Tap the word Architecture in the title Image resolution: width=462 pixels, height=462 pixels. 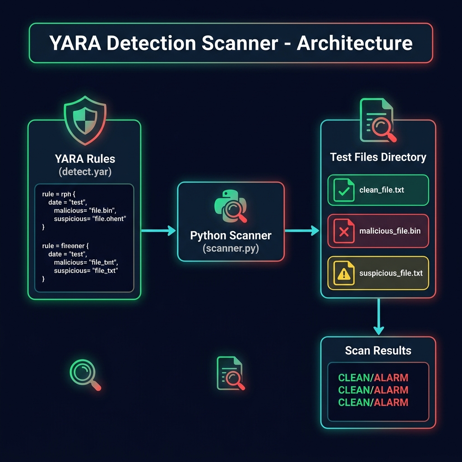(355, 43)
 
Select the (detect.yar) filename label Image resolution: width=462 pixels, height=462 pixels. (85, 171)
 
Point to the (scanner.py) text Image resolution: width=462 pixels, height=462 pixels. (231, 249)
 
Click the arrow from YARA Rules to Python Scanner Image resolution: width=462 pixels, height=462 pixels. (158, 231)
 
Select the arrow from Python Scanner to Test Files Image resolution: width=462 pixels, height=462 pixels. (302, 231)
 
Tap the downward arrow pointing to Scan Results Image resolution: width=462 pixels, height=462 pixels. (379, 317)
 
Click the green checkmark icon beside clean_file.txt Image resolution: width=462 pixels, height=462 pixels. (344, 190)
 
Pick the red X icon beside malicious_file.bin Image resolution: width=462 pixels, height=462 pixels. (344, 231)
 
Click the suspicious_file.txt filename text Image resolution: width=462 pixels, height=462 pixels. (391, 273)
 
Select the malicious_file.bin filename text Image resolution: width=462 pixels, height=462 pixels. (390, 231)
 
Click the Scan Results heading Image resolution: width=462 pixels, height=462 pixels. (378, 351)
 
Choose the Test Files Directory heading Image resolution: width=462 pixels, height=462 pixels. (378, 157)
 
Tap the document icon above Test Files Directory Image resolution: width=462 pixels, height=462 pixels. (378, 120)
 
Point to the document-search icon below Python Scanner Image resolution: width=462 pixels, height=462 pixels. (231, 373)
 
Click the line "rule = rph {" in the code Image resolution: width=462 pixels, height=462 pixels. (59, 194)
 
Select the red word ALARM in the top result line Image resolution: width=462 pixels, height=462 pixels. (391, 378)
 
